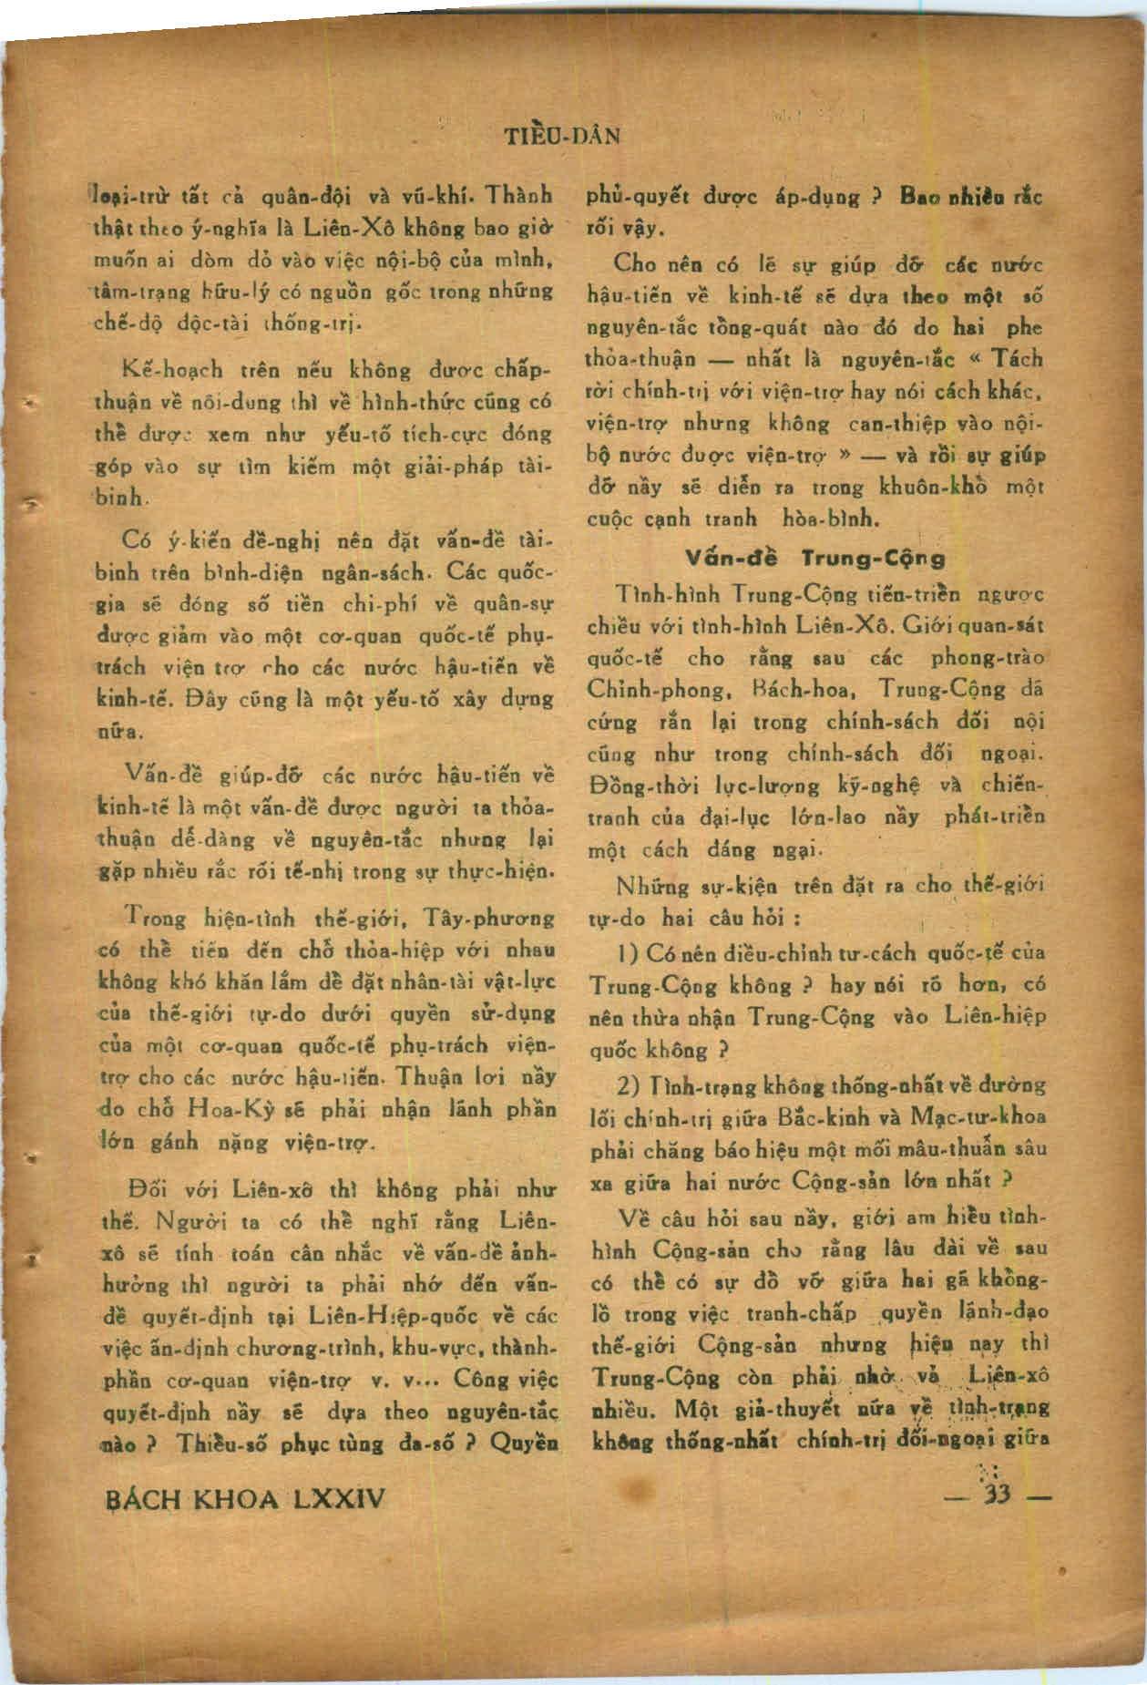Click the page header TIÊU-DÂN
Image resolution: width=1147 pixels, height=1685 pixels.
pos(561,137)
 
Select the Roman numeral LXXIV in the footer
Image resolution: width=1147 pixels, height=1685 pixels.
pos(336,1498)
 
